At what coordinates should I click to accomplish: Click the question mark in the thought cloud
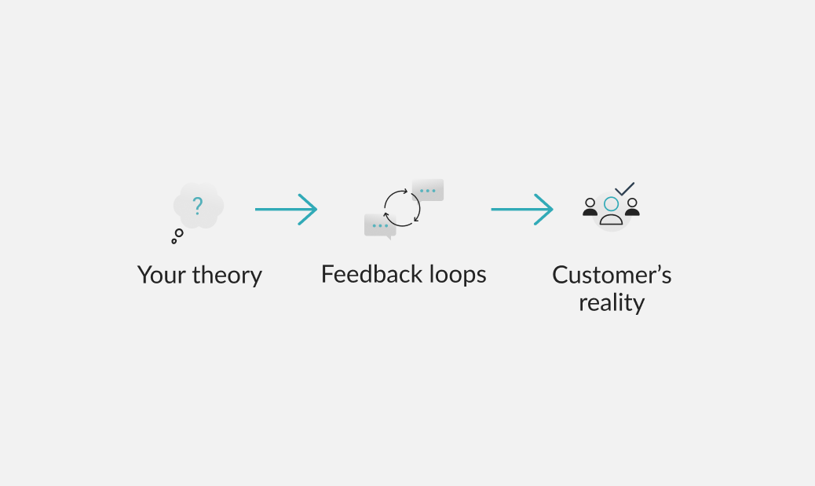(x=198, y=206)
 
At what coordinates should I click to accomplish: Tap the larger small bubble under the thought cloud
(x=179, y=233)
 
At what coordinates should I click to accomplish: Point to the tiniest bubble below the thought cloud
(x=174, y=241)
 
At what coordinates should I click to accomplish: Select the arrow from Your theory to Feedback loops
(x=286, y=209)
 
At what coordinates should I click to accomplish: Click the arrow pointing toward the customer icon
(x=521, y=209)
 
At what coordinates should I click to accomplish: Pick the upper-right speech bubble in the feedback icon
(x=428, y=190)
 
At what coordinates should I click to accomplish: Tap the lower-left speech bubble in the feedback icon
(x=380, y=225)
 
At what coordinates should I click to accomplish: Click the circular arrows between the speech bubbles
(x=402, y=208)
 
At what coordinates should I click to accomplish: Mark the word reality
(x=612, y=303)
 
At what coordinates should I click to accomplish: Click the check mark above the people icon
(x=625, y=189)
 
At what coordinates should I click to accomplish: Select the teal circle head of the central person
(x=611, y=204)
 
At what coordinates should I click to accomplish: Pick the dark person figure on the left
(x=590, y=207)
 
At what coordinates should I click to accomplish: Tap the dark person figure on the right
(x=632, y=207)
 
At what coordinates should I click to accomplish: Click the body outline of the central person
(x=611, y=220)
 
